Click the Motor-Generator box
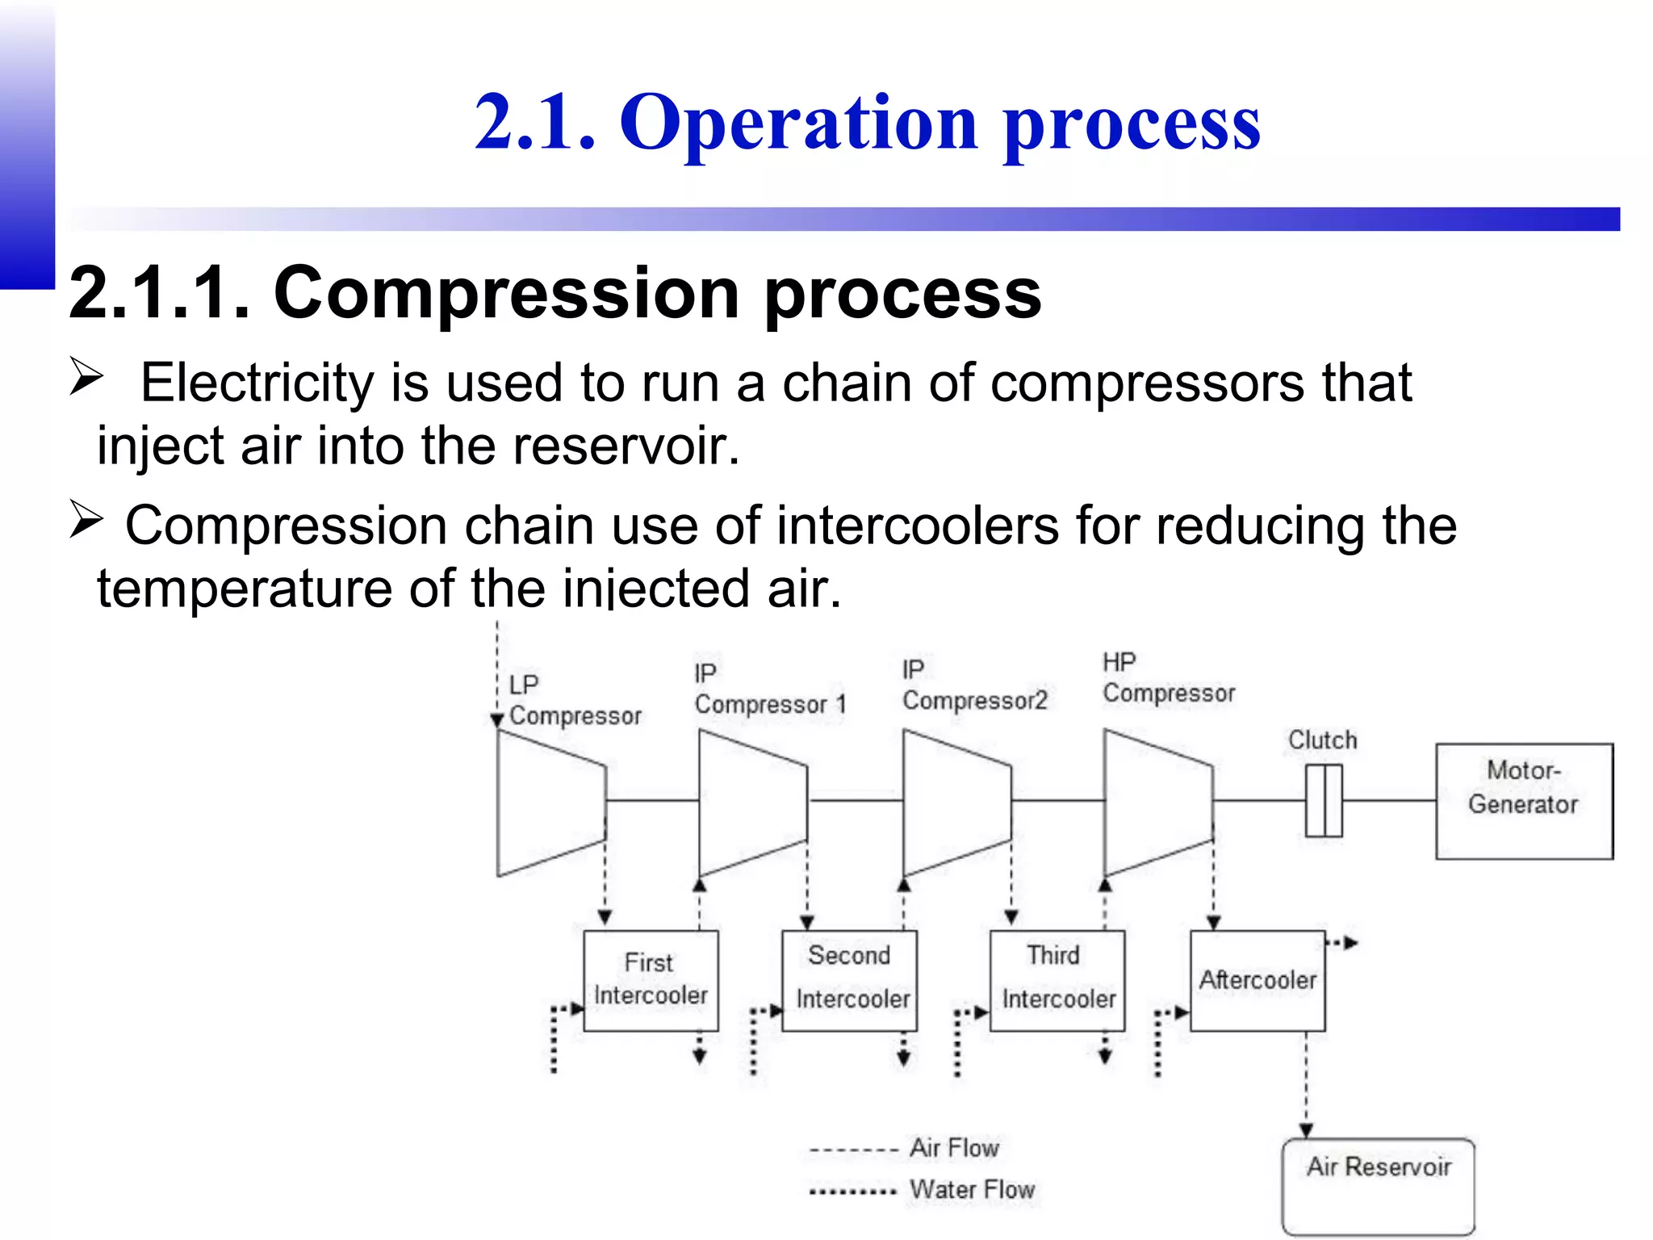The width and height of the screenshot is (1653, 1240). [x=1524, y=801]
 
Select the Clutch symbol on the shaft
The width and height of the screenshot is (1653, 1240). [x=1324, y=801]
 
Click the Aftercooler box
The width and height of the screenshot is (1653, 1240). [x=1257, y=980]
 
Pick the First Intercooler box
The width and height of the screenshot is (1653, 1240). [x=651, y=980]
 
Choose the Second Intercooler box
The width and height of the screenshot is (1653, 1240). [x=849, y=980]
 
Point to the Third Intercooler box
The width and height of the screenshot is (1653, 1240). [x=1057, y=980]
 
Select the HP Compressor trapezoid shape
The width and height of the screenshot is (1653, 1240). [x=1157, y=802]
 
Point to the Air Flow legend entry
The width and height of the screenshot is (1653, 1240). [x=904, y=1148]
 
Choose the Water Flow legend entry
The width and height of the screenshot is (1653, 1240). [x=922, y=1190]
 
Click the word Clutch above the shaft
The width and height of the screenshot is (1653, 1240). [x=1322, y=739]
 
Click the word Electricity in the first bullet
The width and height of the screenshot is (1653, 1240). [x=257, y=383]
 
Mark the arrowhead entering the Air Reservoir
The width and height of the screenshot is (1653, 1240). [x=1306, y=1130]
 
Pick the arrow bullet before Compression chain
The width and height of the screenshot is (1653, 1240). [x=86, y=520]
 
